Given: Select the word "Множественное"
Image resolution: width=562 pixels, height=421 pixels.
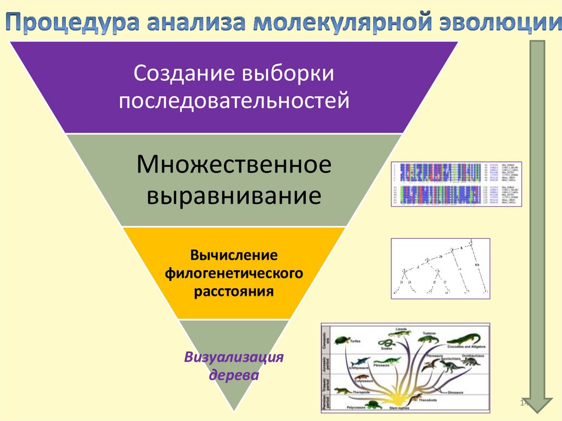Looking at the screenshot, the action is pyautogui.click(x=234, y=165).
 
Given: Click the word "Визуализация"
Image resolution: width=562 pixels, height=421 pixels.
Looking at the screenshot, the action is pyautogui.click(x=234, y=358).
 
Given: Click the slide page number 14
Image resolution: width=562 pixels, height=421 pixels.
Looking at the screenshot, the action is pyautogui.click(x=524, y=403).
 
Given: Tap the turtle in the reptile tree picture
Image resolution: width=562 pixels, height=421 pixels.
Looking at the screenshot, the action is pyautogui.click(x=342, y=341).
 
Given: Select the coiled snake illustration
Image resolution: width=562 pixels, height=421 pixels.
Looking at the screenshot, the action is pyautogui.click(x=385, y=344).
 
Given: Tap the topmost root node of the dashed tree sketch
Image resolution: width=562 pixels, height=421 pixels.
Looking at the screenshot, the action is pyautogui.click(x=470, y=240).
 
